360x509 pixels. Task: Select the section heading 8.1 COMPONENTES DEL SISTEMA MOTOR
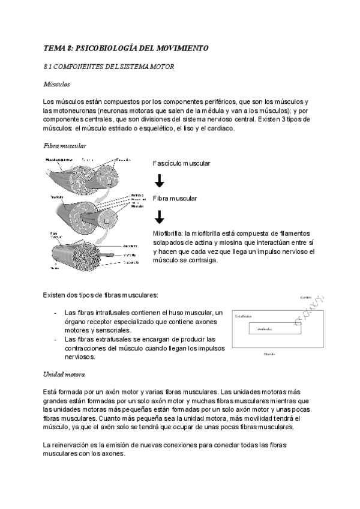(x=109, y=67)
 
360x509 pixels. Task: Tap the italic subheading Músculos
(x=57, y=85)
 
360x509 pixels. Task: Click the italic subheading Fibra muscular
(x=65, y=146)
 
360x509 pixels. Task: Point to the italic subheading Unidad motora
(x=64, y=375)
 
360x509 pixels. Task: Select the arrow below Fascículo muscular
(x=159, y=181)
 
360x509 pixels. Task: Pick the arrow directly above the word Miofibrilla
(x=159, y=217)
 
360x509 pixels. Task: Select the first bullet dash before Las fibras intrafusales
(x=56, y=313)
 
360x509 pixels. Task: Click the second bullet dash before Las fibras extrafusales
(x=56, y=339)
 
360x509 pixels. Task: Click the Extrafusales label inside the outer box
(x=244, y=315)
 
